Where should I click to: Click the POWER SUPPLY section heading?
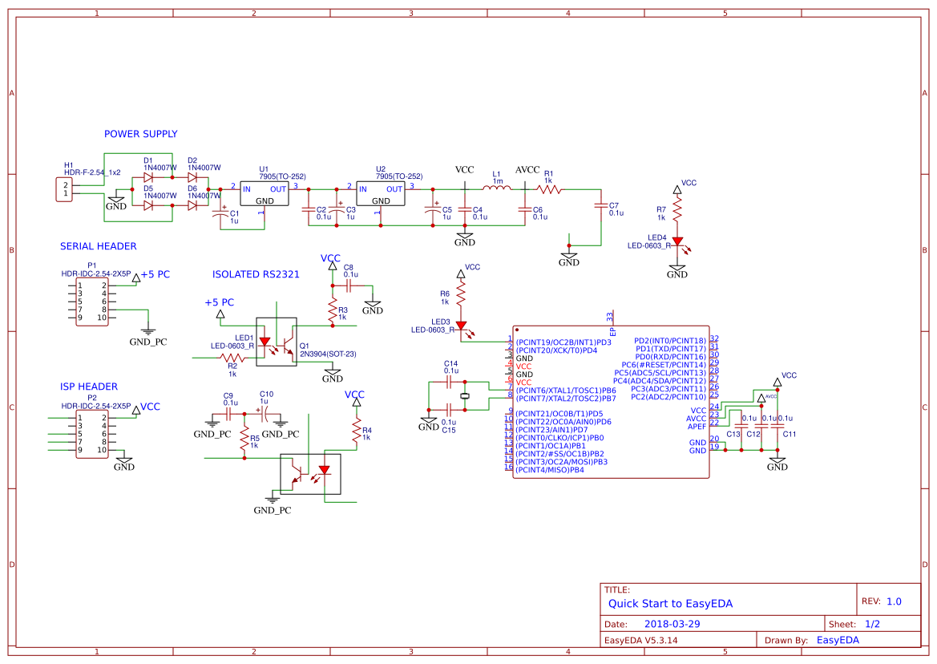(x=140, y=134)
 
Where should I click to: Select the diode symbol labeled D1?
(x=148, y=177)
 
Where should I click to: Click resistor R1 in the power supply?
(x=551, y=189)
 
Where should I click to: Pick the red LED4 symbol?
(x=677, y=241)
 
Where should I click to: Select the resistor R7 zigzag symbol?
(x=677, y=211)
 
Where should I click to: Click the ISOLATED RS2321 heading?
(x=256, y=274)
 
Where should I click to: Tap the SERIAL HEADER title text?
(x=98, y=246)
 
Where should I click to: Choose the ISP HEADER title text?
(x=88, y=387)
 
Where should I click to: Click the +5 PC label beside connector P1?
(x=155, y=274)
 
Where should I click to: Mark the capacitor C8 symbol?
(x=349, y=285)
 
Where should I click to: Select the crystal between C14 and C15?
(x=464, y=396)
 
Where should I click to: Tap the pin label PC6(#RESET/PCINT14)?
(x=664, y=365)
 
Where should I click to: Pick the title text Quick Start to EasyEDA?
(x=670, y=604)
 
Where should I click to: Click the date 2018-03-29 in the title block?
(x=672, y=624)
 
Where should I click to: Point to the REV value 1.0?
(x=894, y=601)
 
